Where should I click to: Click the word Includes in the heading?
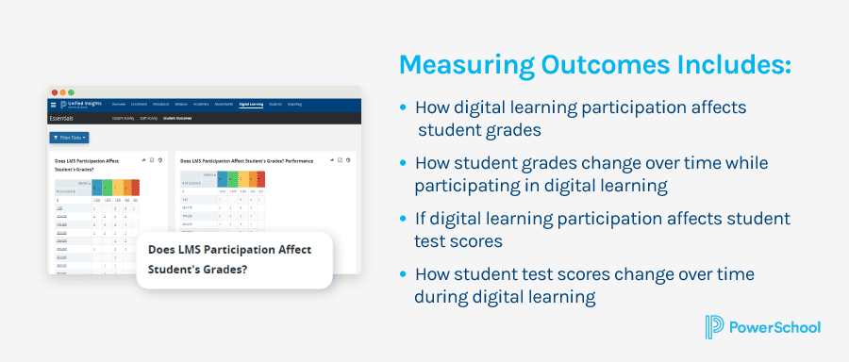coord(722,65)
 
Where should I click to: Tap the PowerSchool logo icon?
coord(713,327)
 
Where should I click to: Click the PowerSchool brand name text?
coord(775,327)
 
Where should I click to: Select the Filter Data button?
coord(69,138)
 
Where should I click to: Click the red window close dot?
coord(54,92)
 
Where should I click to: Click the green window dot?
coord(71,92)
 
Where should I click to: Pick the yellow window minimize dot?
coord(62,92)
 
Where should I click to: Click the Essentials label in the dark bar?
coord(64,119)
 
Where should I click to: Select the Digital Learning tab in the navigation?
coord(251,104)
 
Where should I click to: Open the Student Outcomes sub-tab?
coord(176,119)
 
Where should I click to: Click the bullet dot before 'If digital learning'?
coord(405,219)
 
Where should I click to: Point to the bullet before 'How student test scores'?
coord(405,274)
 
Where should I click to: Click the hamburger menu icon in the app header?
coord(53,104)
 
